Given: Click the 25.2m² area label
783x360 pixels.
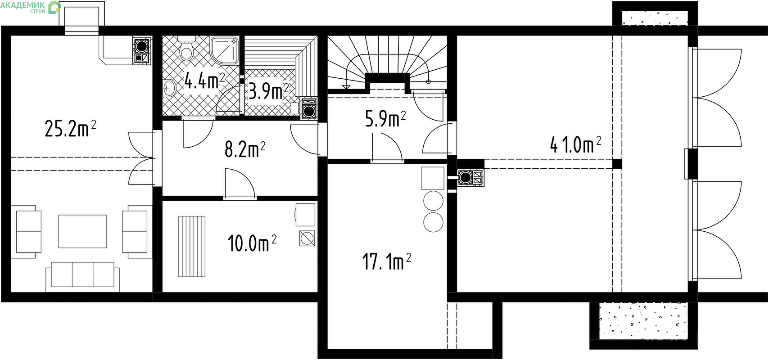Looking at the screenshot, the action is point(70,128).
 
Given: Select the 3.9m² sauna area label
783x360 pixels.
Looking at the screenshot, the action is point(268,91).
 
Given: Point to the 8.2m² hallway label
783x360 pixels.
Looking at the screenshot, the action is point(244,149).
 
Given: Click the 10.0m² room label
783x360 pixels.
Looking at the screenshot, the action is point(252,243).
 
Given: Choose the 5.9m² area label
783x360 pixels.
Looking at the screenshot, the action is point(385,119).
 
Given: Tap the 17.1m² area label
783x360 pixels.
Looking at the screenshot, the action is point(387,261).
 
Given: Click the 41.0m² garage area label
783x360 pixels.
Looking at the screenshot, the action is point(575,145).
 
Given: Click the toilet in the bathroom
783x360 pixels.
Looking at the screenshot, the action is point(186,49).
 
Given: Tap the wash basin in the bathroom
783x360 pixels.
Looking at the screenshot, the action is point(169,88).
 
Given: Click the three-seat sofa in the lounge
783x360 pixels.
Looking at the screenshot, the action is point(83,276).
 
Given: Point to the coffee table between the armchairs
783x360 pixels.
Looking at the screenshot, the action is point(82,231).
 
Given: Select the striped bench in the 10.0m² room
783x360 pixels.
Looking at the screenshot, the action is point(192,247).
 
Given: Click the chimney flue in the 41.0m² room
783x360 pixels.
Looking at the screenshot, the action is point(471,178).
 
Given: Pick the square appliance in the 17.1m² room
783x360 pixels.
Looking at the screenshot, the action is point(432,178).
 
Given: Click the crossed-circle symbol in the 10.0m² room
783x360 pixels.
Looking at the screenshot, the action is point(307,238).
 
